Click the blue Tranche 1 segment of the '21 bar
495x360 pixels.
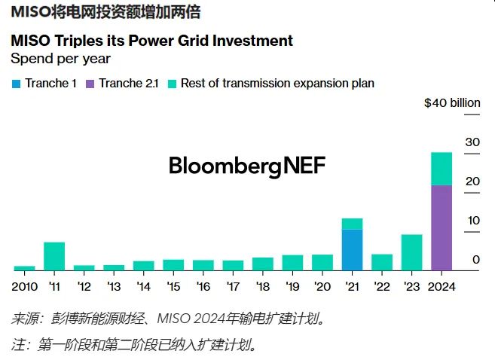point(352,249)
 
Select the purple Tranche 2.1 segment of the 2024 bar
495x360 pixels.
point(441,227)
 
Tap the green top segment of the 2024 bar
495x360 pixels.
point(441,169)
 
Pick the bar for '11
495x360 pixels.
point(54,256)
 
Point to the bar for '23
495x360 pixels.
point(411,252)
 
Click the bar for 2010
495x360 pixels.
point(24,267)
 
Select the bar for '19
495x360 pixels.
point(292,262)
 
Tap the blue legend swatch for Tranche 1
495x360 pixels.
point(16,84)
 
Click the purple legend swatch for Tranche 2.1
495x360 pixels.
point(90,84)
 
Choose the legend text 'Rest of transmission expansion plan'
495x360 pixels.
point(277,84)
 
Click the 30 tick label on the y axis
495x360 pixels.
point(472,142)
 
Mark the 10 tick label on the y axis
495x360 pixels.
point(472,221)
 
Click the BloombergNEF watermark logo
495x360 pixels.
point(247,166)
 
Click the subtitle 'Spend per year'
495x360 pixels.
point(60,58)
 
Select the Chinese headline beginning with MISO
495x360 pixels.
point(105,12)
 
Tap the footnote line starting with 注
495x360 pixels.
point(136,345)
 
